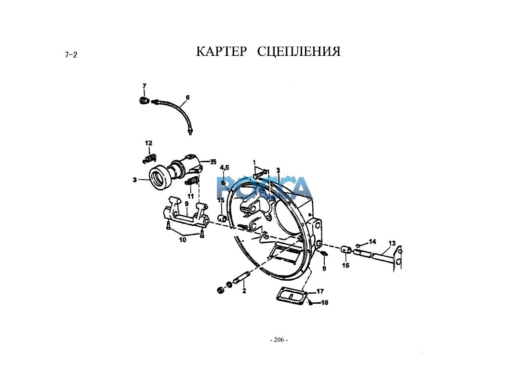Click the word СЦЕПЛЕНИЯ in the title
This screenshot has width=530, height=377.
299,52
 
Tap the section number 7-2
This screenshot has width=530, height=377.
71,54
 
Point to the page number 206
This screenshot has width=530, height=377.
278,340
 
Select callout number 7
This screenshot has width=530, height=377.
144,86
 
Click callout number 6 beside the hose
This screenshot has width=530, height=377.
187,97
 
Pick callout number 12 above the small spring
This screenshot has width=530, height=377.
148,143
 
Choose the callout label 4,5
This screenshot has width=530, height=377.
225,168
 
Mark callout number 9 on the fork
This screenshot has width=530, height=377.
186,204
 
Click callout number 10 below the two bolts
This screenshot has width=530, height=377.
183,240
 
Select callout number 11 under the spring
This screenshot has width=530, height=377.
190,196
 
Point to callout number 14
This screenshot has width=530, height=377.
372,241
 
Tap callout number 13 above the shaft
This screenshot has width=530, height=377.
392,243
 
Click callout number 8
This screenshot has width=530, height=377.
324,268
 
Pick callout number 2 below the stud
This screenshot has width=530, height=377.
244,291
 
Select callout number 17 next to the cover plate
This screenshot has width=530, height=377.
320,291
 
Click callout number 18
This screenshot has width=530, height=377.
324,303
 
